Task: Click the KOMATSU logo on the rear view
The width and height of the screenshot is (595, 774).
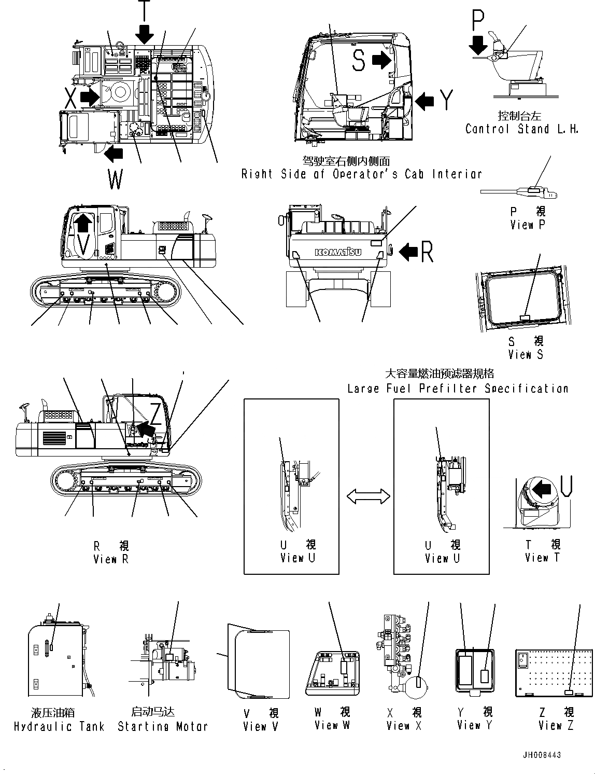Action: (x=338, y=252)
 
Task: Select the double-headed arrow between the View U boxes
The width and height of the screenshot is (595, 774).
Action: (x=369, y=496)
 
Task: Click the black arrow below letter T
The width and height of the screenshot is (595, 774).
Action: (x=145, y=33)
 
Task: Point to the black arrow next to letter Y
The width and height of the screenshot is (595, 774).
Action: (x=424, y=101)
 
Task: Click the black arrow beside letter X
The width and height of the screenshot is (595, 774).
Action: (x=89, y=96)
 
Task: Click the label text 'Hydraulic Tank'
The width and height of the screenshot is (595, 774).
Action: (x=59, y=727)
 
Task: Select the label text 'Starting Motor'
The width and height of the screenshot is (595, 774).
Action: (x=162, y=726)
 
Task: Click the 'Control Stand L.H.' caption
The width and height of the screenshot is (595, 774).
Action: (x=521, y=129)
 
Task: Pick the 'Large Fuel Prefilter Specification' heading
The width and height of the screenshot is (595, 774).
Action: (x=458, y=389)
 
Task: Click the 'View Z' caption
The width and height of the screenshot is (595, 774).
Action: (x=556, y=725)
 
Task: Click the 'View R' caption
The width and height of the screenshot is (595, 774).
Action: (x=111, y=559)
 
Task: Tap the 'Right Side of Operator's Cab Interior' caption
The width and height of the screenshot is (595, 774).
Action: (x=361, y=174)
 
